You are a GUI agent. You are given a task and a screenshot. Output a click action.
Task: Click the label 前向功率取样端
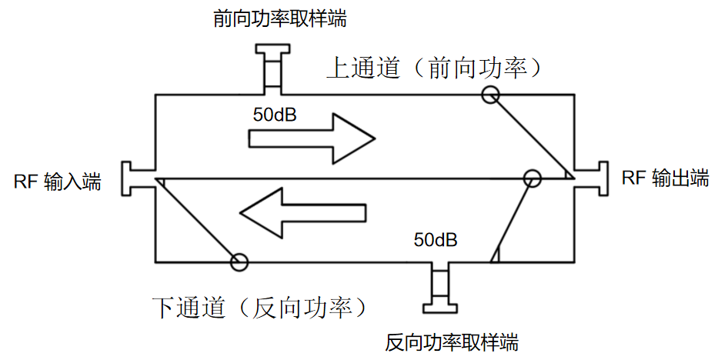click(279, 19)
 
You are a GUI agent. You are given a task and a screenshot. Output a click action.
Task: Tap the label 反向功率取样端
click(451, 341)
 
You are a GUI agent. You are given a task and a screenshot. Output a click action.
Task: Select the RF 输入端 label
click(57, 182)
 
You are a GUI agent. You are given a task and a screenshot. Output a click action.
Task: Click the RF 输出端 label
click(665, 178)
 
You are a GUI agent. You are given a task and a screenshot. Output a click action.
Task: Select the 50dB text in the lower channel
click(436, 240)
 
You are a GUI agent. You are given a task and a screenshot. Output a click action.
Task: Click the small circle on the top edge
click(490, 95)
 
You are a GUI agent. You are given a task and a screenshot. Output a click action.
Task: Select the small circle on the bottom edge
click(239, 262)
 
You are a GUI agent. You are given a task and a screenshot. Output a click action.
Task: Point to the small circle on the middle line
click(532, 178)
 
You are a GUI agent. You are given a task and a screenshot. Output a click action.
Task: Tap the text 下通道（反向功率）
click(258, 308)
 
